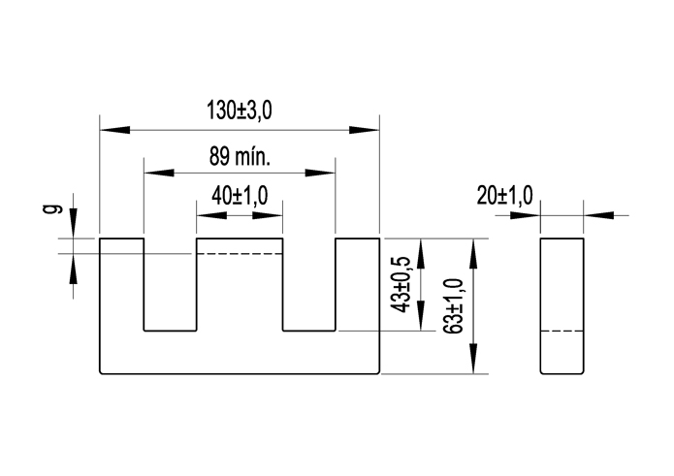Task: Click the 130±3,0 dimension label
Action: (x=239, y=111)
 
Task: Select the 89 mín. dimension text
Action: (x=239, y=155)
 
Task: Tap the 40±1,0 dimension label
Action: (x=240, y=197)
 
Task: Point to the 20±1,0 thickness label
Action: (x=504, y=196)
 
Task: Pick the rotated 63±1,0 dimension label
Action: (x=451, y=305)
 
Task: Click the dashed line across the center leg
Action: (x=240, y=253)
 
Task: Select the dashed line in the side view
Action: (x=562, y=332)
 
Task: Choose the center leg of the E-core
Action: (x=240, y=291)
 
